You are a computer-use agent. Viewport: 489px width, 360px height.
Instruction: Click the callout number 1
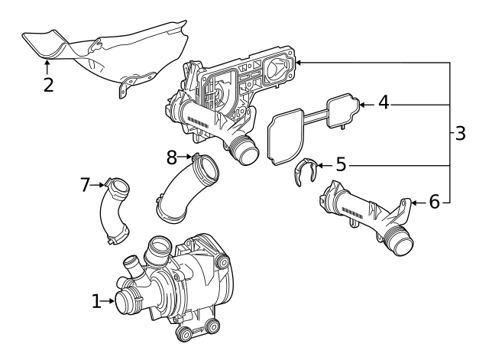(x=96, y=302)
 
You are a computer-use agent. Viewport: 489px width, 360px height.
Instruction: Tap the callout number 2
(x=48, y=84)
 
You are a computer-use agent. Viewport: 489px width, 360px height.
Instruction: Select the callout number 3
(x=460, y=134)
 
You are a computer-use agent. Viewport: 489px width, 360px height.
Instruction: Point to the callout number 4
(x=384, y=102)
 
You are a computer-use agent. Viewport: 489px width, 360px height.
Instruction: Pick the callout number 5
(x=341, y=164)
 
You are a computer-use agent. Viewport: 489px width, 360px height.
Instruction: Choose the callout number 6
(x=434, y=202)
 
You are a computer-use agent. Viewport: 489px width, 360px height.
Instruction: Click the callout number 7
(x=86, y=184)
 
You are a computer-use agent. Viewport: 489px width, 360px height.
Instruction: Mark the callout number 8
(x=172, y=157)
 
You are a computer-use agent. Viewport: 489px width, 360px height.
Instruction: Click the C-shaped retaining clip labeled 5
(x=306, y=172)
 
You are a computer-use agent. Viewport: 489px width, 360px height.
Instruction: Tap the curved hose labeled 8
(x=183, y=187)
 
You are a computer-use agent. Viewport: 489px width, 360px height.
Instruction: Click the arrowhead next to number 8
(x=189, y=157)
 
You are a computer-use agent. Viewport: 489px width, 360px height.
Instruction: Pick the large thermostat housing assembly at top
(x=229, y=99)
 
